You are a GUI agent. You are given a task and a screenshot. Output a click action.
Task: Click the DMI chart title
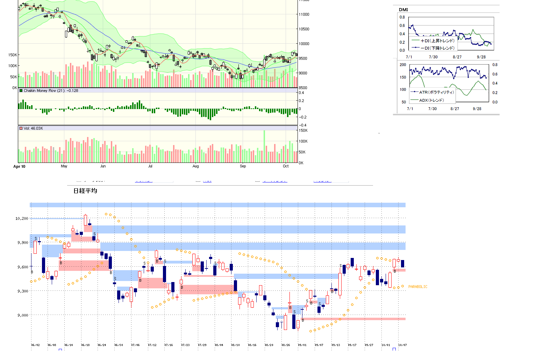tap(403, 9)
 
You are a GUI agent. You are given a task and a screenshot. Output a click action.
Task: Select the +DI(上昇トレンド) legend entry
tap(437, 41)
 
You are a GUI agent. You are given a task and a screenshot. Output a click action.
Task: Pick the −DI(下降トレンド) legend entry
tap(437, 48)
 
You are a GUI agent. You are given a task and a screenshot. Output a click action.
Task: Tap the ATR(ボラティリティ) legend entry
tap(436, 92)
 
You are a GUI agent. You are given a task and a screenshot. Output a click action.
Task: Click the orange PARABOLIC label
tap(418, 287)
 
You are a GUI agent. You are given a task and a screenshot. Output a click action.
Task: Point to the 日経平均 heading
tap(85, 191)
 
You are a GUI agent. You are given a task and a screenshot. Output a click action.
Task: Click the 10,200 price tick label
tap(22, 218)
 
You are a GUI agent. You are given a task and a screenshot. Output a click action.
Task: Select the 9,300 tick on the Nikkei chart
tap(22, 291)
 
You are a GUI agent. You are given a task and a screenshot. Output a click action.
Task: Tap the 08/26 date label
tap(286, 345)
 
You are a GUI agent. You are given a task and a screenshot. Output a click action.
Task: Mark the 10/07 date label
tap(402, 345)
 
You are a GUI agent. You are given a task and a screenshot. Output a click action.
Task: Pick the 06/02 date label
tap(35, 345)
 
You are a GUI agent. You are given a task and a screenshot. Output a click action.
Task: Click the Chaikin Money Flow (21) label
tap(51, 91)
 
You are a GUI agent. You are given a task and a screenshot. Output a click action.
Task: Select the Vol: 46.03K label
tap(33, 128)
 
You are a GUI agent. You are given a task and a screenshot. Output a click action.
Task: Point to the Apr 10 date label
tap(19, 166)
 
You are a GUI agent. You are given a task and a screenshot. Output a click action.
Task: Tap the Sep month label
tap(243, 166)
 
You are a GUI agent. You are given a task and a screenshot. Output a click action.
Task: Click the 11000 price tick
tap(304, 14)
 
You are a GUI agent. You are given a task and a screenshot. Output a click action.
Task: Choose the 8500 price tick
tap(303, 88)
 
